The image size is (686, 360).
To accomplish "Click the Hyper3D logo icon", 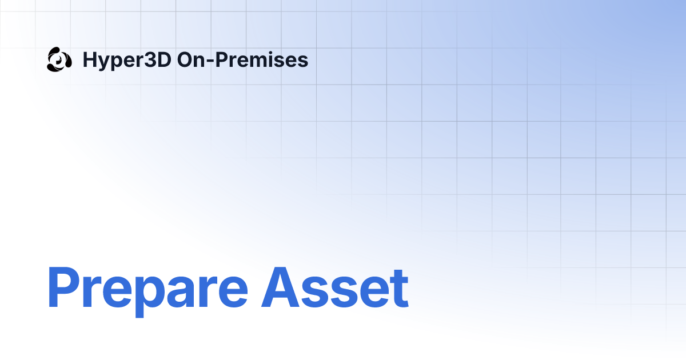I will (x=59, y=59).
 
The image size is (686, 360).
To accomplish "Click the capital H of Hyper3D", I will (x=89, y=59).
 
